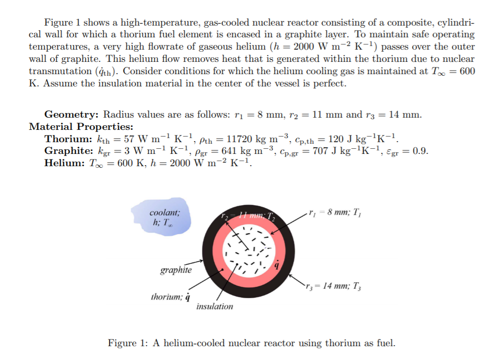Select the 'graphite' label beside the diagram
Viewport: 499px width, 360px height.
click(176, 270)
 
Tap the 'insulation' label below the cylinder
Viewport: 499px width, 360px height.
click(214, 306)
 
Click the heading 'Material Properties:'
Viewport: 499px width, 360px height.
click(81, 126)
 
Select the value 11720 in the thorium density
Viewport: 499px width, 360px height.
click(241, 139)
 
